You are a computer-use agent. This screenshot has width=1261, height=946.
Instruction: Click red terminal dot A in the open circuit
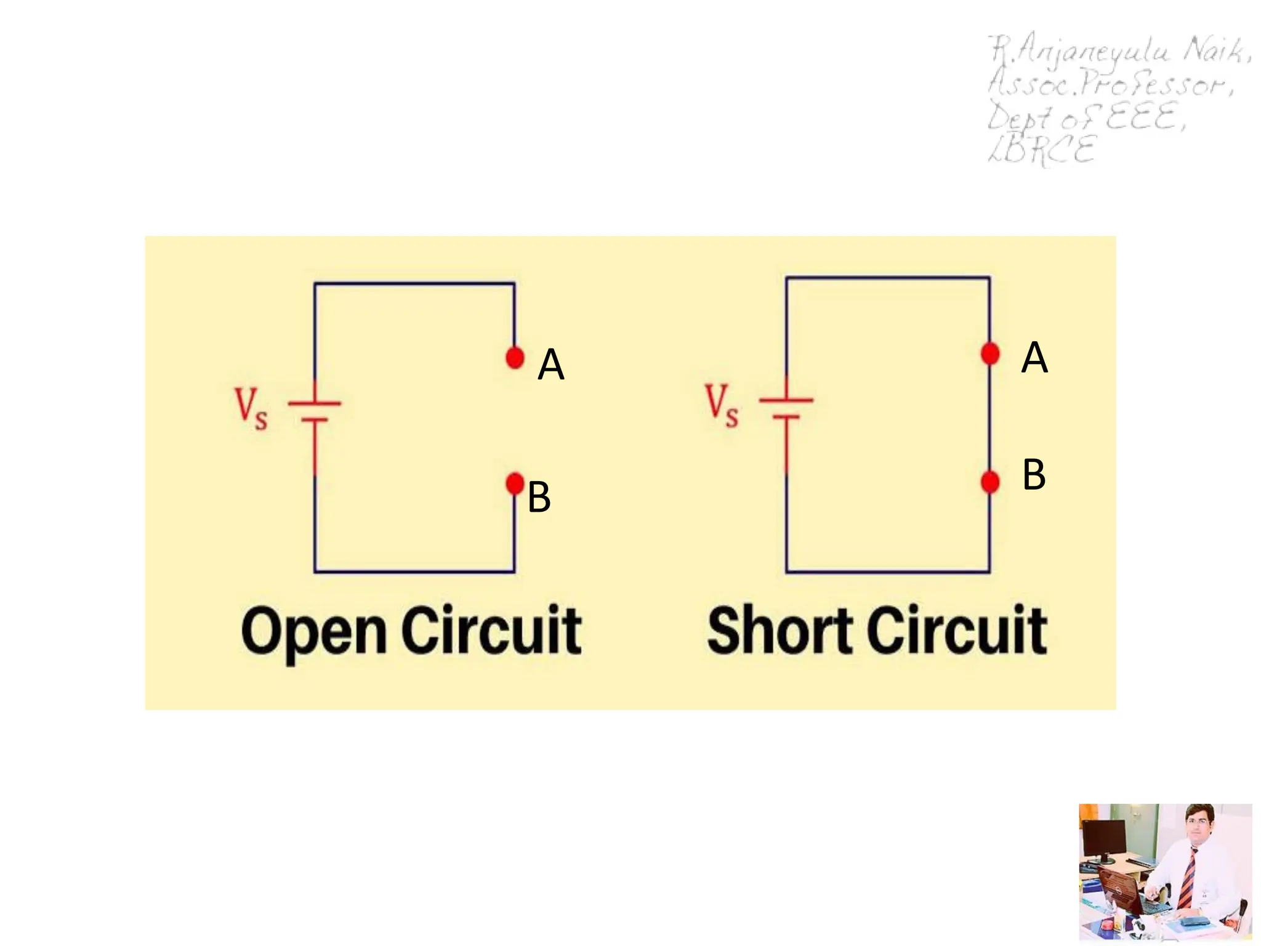click(515, 357)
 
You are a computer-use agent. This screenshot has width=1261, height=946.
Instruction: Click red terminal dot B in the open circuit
click(515, 483)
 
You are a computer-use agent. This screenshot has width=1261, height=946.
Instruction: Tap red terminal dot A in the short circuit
click(990, 354)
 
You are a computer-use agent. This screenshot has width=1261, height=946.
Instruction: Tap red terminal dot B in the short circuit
click(990, 482)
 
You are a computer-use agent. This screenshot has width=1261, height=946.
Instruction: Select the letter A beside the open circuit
click(551, 365)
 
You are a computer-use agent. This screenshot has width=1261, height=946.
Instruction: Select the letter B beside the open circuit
click(539, 497)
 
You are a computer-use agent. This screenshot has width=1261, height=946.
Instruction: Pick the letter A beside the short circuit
click(1034, 357)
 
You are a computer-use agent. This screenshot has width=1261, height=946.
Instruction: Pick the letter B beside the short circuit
click(1034, 475)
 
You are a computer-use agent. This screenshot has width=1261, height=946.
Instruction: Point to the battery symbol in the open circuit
click(315, 411)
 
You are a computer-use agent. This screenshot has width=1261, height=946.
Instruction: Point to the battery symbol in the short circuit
click(786, 408)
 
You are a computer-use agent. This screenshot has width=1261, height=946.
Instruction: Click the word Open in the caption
click(313, 631)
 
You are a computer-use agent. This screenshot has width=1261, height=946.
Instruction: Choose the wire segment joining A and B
click(990, 418)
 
